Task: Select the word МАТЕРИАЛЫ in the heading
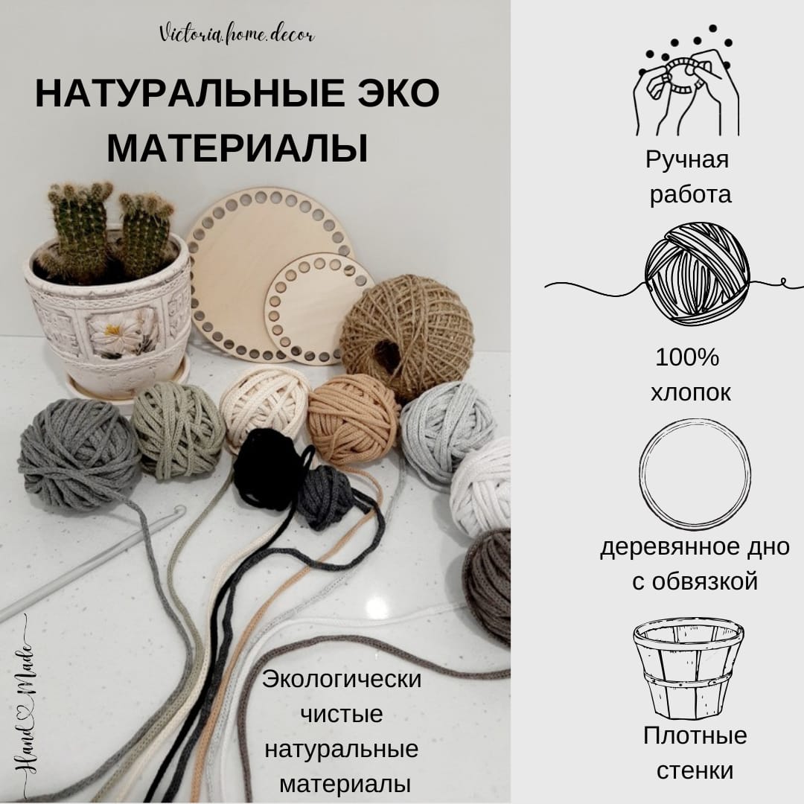pos(237,147)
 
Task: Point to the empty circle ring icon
pos(695,473)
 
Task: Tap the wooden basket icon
pos(687,666)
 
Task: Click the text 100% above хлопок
pos(687,358)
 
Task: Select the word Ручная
pos(687,159)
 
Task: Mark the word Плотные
pos(694,736)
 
